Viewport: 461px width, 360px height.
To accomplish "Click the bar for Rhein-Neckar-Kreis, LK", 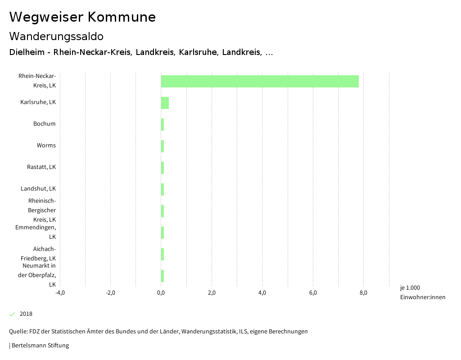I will pos(260,82).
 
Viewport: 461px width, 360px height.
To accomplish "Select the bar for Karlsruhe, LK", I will pos(165,103).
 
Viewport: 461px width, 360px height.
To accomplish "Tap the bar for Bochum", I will pos(163,124).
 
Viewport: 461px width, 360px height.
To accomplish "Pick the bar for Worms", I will pos(163,146).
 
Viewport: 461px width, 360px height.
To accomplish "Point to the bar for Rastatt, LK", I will pos(163,168).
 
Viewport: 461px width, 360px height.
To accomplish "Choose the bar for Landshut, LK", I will pos(163,189).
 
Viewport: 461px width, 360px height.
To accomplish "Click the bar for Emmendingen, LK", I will pos(163,232).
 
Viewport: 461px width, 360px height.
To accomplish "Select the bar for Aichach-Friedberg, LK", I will pos(163,254).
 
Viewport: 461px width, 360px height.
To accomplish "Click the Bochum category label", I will pos(45,124).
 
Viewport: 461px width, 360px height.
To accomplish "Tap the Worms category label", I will pos(46,146).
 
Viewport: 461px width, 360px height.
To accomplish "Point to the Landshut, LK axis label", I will pos(38,189).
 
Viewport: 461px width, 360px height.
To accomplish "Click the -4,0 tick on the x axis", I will pos(60,293).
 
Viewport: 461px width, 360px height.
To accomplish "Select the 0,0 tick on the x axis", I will pos(161,293).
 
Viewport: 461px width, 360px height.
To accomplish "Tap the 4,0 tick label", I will pos(262,293).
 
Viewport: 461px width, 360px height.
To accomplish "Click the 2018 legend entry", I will pos(26,314).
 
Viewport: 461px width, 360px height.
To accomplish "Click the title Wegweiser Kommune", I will pos(82,17).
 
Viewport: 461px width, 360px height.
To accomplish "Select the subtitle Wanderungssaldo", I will pos(56,36).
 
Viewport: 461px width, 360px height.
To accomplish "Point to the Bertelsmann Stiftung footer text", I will pos(40,346).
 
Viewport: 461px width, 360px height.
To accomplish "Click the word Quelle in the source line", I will pos(18,332).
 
